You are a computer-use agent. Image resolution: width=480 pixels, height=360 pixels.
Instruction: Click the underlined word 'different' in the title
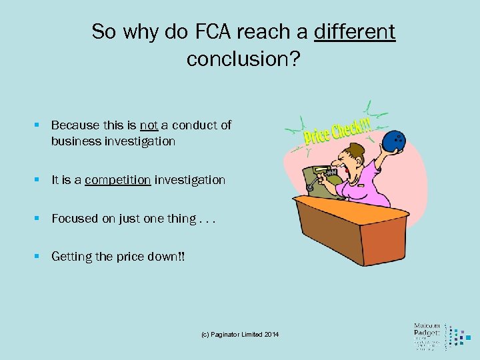pos(354,31)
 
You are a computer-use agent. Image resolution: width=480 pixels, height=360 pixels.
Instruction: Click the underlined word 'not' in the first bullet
pos(149,125)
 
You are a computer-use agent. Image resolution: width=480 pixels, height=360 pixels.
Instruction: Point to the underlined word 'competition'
pos(117,180)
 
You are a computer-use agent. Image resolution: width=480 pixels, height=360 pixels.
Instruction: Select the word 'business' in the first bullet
pos(75,141)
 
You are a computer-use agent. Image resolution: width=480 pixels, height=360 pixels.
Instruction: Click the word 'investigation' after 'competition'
pos(190,180)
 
